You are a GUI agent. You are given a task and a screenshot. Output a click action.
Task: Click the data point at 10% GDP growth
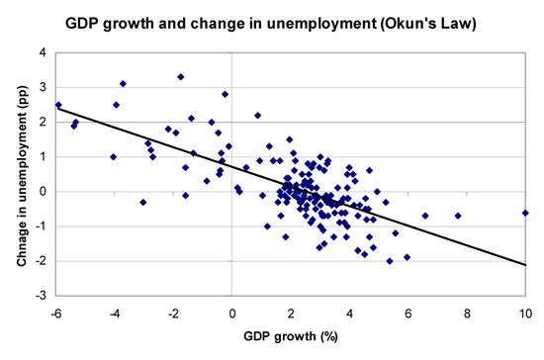[x=525, y=213]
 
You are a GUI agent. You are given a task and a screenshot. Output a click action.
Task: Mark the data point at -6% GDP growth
[x=58, y=105]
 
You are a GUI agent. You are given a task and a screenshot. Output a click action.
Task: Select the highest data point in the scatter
[x=181, y=76]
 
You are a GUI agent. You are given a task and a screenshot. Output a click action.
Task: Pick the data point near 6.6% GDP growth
[x=425, y=215]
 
